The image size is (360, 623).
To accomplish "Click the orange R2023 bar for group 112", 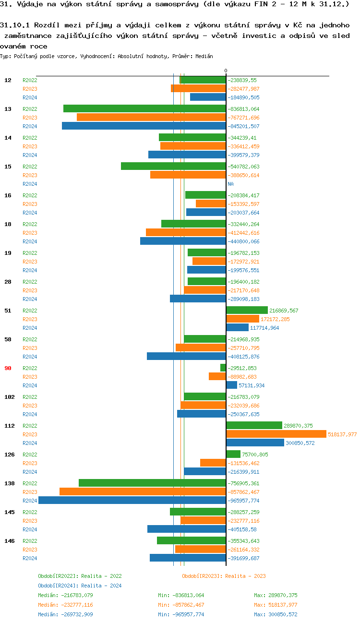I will pos(276,434).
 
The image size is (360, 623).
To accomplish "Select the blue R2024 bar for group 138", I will pos(132,500).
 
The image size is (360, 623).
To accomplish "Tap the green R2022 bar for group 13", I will pos(144,108).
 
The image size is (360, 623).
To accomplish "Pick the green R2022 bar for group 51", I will pos(247,310).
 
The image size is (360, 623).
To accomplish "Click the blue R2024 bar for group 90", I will pos(231,385).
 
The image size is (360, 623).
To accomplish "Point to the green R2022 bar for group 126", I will pos(233,454).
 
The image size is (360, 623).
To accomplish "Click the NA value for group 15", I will pos(230,184).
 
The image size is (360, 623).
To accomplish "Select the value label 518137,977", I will pos(342,434).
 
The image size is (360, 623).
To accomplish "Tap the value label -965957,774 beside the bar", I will pos(243,501).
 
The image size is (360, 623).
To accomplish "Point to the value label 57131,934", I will pos(252,385).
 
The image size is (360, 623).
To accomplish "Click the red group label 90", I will pos(8,368).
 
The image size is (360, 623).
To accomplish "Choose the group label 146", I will pos(9,541).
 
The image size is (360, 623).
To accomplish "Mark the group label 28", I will pos(8,282).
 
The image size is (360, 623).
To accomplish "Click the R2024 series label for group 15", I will pos(30,184).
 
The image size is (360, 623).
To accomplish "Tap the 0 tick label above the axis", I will pos(226,71).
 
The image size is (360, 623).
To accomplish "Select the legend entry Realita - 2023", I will pos(224,576).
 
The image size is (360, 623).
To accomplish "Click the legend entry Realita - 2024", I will pos(80,586).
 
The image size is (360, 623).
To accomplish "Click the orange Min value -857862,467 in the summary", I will pos(181,605).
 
